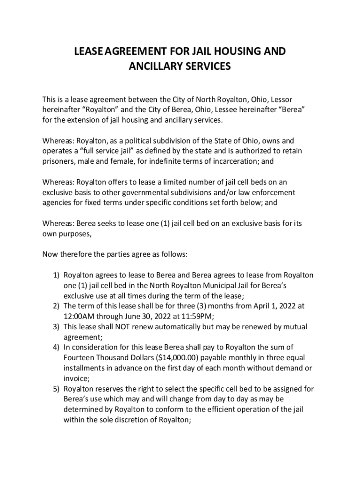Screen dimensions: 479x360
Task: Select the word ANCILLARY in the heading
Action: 155,66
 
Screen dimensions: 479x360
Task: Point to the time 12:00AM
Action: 80,316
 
